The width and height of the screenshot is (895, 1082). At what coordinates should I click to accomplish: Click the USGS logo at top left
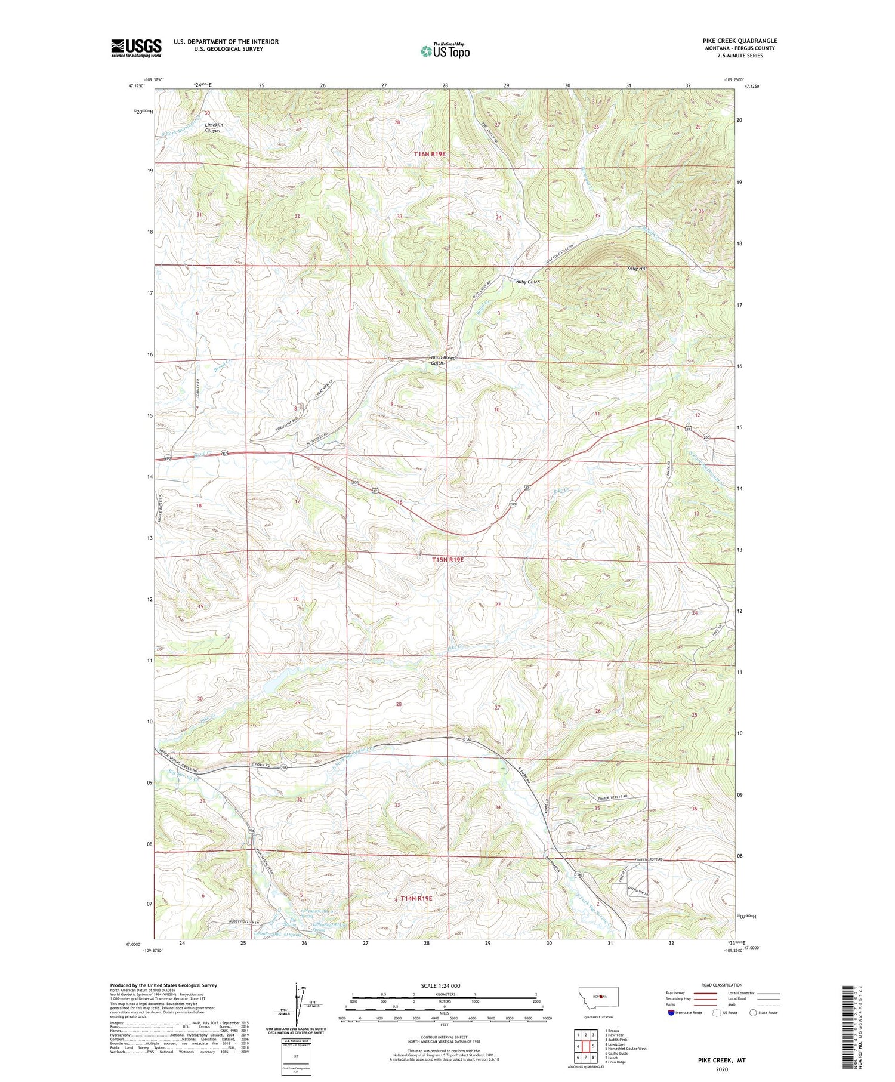136,48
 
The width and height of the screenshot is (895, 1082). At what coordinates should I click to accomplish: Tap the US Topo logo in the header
445,51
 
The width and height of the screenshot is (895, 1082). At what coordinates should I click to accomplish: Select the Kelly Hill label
637,269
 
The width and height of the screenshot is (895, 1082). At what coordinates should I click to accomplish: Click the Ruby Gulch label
528,282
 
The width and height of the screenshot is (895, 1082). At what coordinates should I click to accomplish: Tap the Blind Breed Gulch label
443,360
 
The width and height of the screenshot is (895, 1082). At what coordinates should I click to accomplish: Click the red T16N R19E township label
430,154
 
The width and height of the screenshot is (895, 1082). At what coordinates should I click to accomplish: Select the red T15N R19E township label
447,560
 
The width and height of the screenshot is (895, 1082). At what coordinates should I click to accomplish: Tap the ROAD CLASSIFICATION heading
721,985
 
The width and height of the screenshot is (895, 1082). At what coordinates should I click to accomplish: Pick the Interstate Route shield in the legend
671,1012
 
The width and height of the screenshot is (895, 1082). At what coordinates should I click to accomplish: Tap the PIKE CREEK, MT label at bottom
721,1061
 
